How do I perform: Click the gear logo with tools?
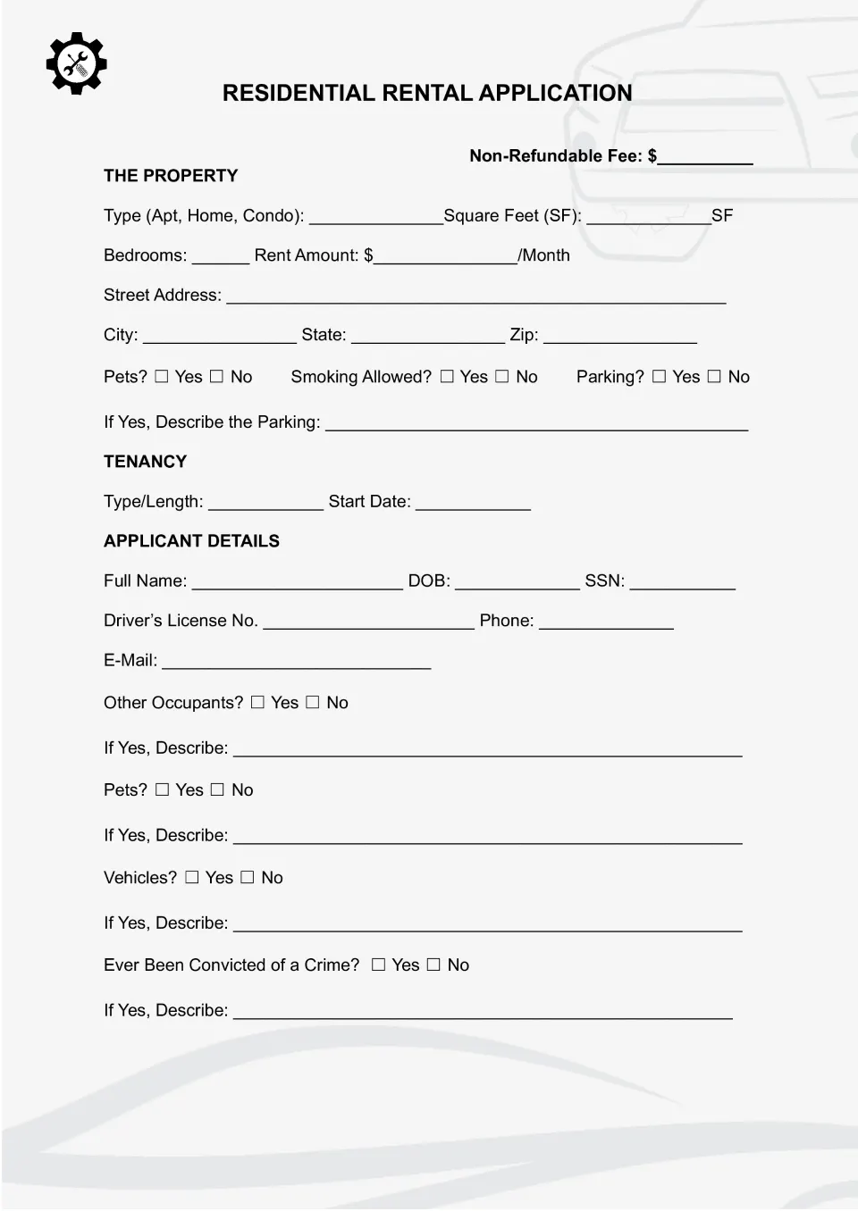click(76, 63)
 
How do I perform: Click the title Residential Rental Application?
click(427, 93)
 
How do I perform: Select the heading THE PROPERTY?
click(171, 176)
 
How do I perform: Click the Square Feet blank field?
click(648, 218)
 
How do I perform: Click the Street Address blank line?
click(475, 298)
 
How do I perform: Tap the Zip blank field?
click(619, 338)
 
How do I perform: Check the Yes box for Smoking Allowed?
click(447, 377)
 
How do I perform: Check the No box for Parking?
click(714, 377)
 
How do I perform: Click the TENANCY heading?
click(145, 462)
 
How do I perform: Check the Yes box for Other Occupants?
click(257, 703)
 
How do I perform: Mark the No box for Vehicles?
click(248, 878)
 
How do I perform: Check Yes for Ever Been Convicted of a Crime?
click(378, 965)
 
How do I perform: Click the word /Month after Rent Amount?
click(543, 255)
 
